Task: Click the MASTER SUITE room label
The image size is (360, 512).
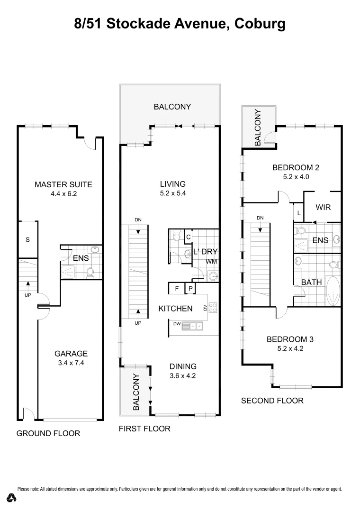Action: coord(63,184)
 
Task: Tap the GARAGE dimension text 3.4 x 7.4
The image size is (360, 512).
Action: coord(71,363)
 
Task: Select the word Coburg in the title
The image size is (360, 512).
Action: coord(259,23)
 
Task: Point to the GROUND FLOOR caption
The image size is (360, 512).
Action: coord(48,433)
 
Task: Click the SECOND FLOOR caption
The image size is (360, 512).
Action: coord(272,401)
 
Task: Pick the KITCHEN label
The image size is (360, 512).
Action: coord(175,309)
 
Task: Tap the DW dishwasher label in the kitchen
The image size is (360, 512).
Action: coord(177,325)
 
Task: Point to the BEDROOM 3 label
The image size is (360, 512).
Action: coord(290,339)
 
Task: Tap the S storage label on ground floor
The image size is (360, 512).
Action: coord(27,240)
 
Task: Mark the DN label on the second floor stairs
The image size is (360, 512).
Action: coord(260,218)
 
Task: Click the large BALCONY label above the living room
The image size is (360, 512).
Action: coord(172,107)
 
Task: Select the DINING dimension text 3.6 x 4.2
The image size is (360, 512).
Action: coord(182,376)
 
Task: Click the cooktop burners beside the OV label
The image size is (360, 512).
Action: coord(213,307)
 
